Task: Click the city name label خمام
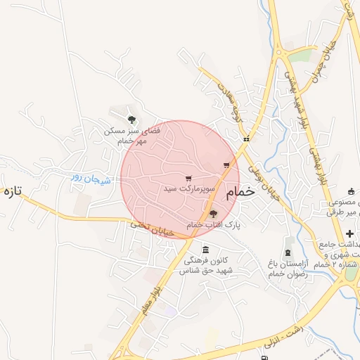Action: pos(240,191)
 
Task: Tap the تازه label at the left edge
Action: pos(13,191)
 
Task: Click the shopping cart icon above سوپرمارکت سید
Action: pos(188,178)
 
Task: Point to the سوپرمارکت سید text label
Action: pos(188,189)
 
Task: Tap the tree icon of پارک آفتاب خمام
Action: pos(213,214)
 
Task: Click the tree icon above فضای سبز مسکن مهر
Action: pos(131,120)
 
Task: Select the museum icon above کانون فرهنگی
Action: pos(205,250)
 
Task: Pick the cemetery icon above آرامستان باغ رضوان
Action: pos(287,253)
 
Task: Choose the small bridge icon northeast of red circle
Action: pos(246,139)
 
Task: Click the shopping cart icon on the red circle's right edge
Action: pos(226,166)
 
